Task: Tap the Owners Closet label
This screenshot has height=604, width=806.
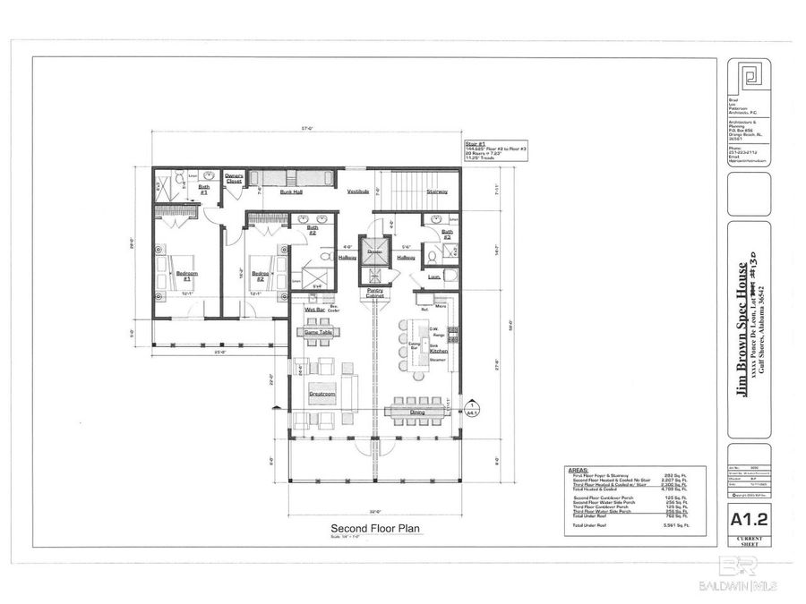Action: (234, 177)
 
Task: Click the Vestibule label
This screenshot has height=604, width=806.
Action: (347, 191)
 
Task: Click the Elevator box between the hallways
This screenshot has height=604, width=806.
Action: (375, 256)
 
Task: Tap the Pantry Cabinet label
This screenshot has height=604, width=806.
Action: (375, 294)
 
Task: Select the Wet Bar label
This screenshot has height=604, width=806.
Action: (313, 311)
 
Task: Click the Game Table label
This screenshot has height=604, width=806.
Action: (318, 332)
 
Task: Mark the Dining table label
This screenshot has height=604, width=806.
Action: (418, 412)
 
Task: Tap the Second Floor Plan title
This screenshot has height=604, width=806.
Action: (376, 528)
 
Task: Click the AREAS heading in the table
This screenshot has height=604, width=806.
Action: (579, 468)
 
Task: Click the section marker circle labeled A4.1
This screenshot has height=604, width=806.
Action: (470, 411)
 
